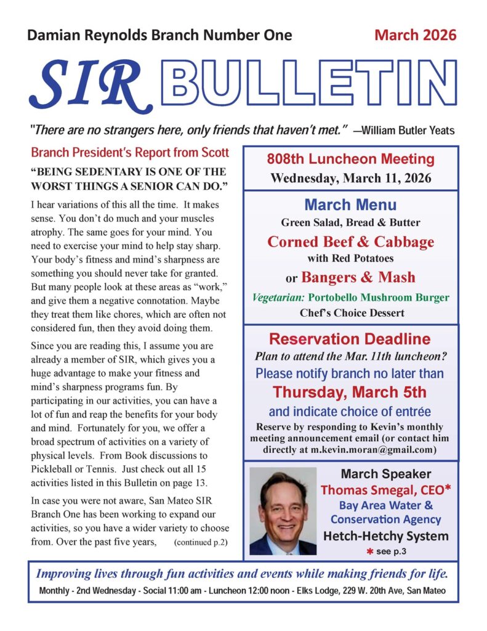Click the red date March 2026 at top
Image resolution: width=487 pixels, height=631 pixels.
416,35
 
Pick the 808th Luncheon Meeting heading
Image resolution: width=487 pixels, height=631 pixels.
350,159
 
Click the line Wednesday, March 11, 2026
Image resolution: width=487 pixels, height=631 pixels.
350,179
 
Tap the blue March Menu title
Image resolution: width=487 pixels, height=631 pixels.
350,205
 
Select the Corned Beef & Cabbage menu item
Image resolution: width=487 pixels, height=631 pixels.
350,242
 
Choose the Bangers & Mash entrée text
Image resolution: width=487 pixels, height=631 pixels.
358,277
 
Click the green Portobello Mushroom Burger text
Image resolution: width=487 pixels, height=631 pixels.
375,298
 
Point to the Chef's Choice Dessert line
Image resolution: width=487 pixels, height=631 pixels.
350,313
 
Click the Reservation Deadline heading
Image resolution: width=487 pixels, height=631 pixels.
350,339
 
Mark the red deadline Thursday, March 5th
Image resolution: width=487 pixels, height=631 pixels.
350,393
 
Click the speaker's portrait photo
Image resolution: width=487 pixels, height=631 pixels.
283,511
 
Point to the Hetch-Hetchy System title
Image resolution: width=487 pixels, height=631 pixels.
386,535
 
